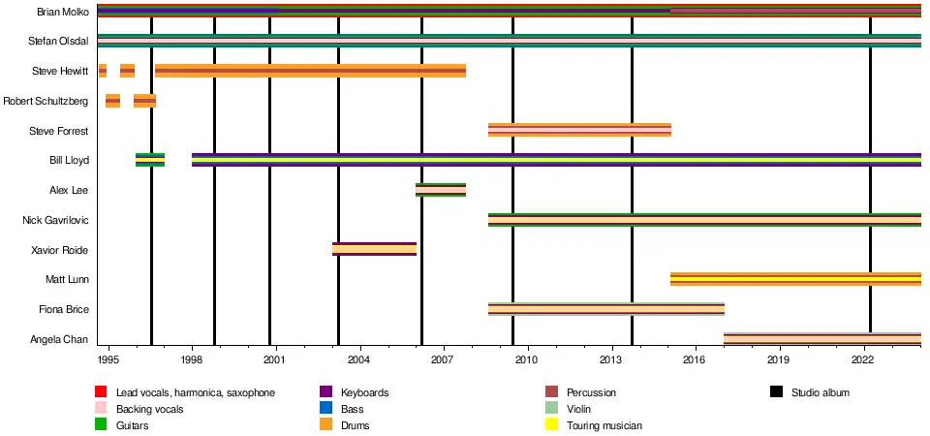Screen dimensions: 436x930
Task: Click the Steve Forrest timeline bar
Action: click(x=579, y=130)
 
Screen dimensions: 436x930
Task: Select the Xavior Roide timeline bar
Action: click(x=374, y=249)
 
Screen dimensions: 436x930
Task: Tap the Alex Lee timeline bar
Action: click(x=441, y=190)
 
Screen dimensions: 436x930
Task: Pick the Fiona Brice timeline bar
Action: click(x=606, y=309)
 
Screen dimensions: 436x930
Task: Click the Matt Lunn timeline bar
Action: click(x=795, y=279)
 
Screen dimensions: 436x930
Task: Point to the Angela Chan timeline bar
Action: click(x=822, y=338)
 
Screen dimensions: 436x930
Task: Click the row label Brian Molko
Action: click(x=62, y=12)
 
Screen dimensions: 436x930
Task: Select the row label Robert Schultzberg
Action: click(x=46, y=101)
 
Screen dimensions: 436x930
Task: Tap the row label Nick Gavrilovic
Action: click(x=55, y=220)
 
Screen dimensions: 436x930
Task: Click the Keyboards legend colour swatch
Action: click(x=325, y=392)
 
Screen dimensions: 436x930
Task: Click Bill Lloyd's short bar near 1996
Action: click(x=150, y=160)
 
